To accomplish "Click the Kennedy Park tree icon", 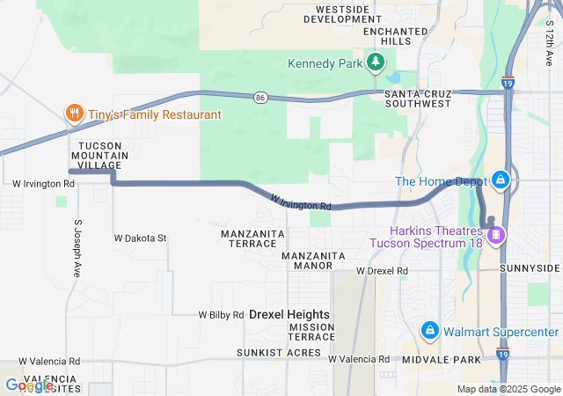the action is (x=376, y=62).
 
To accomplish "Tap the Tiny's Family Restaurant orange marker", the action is (x=74, y=114).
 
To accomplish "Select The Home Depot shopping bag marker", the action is (x=501, y=180).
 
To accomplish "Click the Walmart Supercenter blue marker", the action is (x=430, y=331).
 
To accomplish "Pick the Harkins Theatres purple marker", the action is (x=496, y=235).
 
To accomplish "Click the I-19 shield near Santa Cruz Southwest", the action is (x=508, y=84).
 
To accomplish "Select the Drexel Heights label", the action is (x=289, y=314).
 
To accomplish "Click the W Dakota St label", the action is (x=141, y=238).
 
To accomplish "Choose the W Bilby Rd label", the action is (x=221, y=314).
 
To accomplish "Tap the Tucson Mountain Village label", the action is (x=104, y=155).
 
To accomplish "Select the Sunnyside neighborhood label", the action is (x=529, y=268).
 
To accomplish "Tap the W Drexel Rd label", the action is (x=382, y=271).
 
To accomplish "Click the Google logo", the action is (x=29, y=385).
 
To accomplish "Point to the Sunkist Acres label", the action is (x=278, y=352).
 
